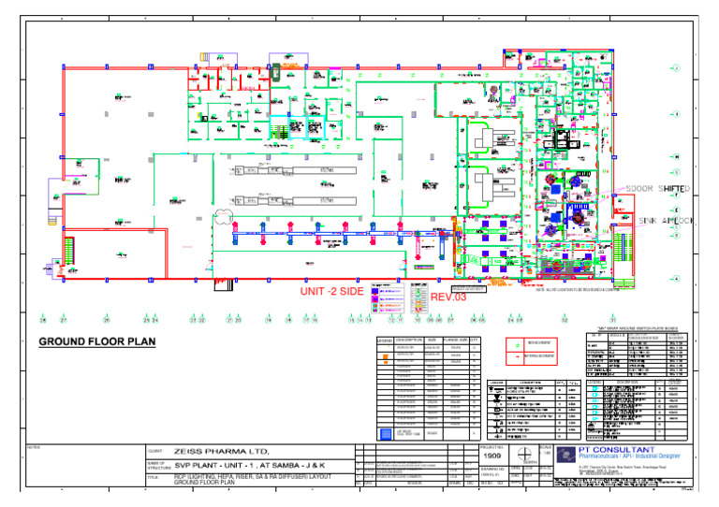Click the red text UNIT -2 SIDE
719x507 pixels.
[331, 292]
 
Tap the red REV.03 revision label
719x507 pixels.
[448, 297]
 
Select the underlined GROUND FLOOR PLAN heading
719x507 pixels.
[97, 342]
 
